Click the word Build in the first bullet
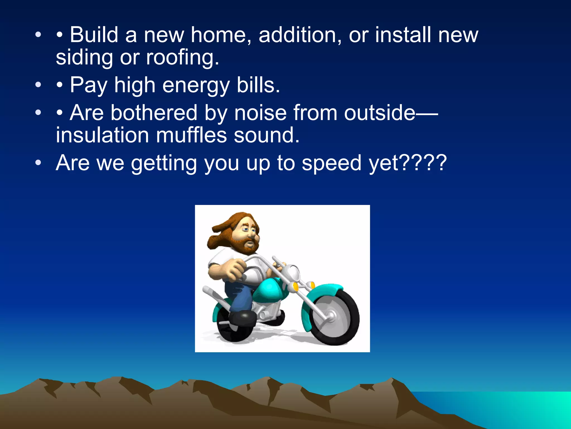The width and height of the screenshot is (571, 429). pyautogui.click(x=94, y=35)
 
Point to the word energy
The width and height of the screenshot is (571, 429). pyautogui.click(x=196, y=85)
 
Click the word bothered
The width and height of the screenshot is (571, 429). pyautogui.click(x=154, y=113)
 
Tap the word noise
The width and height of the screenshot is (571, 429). pyautogui.click(x=260, y=113)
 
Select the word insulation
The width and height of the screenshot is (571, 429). pyautogui.click(x=102, y=135)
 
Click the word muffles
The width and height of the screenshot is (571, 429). pyautogui.click(x=191, y=135)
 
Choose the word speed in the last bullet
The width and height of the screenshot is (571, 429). pyautogui.click(x=332, y=163)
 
